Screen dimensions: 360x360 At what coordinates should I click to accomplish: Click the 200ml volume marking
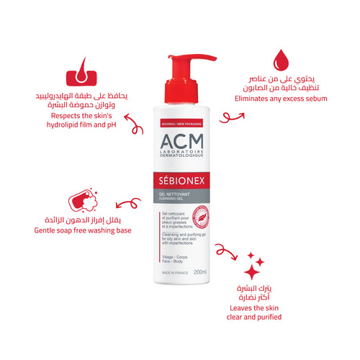(200, 271)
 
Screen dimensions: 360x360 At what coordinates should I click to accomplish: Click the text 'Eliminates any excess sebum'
(281, 98)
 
